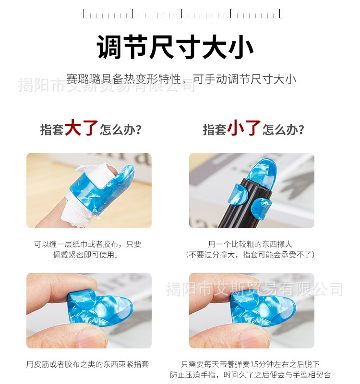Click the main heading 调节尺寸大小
pyautogui.click(x=175, y=47)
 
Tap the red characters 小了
pyautogui.click(x=244, y=128)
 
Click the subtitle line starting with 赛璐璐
pyautogui.click(x=181, y=79)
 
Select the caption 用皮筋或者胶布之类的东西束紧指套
pyautogui.click(x=87, y=364)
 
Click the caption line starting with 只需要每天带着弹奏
pyautogui.click(x=250, y=364)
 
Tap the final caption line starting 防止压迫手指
pyautogui.click(x=250, y=375)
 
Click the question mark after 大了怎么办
pyautogui.click(x=139, y=130)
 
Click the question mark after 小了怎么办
pyautogui.click(x=301, y=130)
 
